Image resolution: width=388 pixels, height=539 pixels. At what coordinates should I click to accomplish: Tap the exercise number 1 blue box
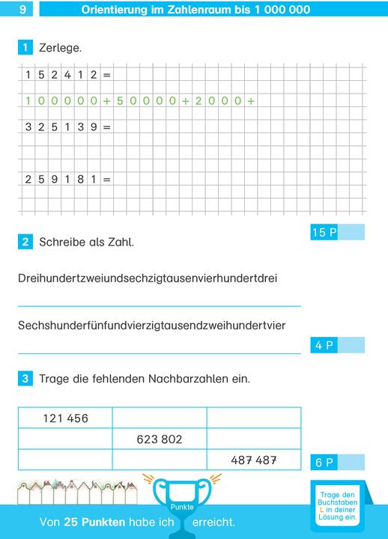pos(25,48)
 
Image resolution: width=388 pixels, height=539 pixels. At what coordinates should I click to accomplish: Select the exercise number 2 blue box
pos(25,242)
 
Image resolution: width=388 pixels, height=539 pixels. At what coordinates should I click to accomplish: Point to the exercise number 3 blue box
pos(25,379)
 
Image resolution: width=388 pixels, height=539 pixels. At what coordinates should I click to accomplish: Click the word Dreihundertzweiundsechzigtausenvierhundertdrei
pos(147,278)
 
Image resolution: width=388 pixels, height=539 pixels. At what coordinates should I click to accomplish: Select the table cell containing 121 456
pos(65,418)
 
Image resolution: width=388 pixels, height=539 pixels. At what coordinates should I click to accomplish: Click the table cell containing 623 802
pos(160,439)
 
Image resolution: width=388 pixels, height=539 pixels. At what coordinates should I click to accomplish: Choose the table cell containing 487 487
pos(254,460)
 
